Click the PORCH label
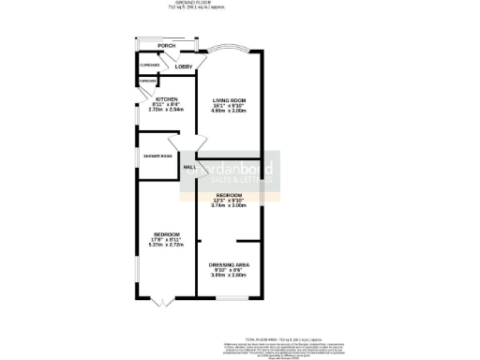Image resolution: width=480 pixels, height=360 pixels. [167, 45]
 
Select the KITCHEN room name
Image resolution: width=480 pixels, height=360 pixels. [167, 98]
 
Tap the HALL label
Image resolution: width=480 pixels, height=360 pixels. [189, 167]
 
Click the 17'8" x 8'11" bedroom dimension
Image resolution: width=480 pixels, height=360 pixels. [167, 239]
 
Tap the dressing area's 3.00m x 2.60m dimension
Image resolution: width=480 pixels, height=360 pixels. [228, 277]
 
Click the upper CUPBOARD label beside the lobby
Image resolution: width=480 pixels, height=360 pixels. [149, 65]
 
